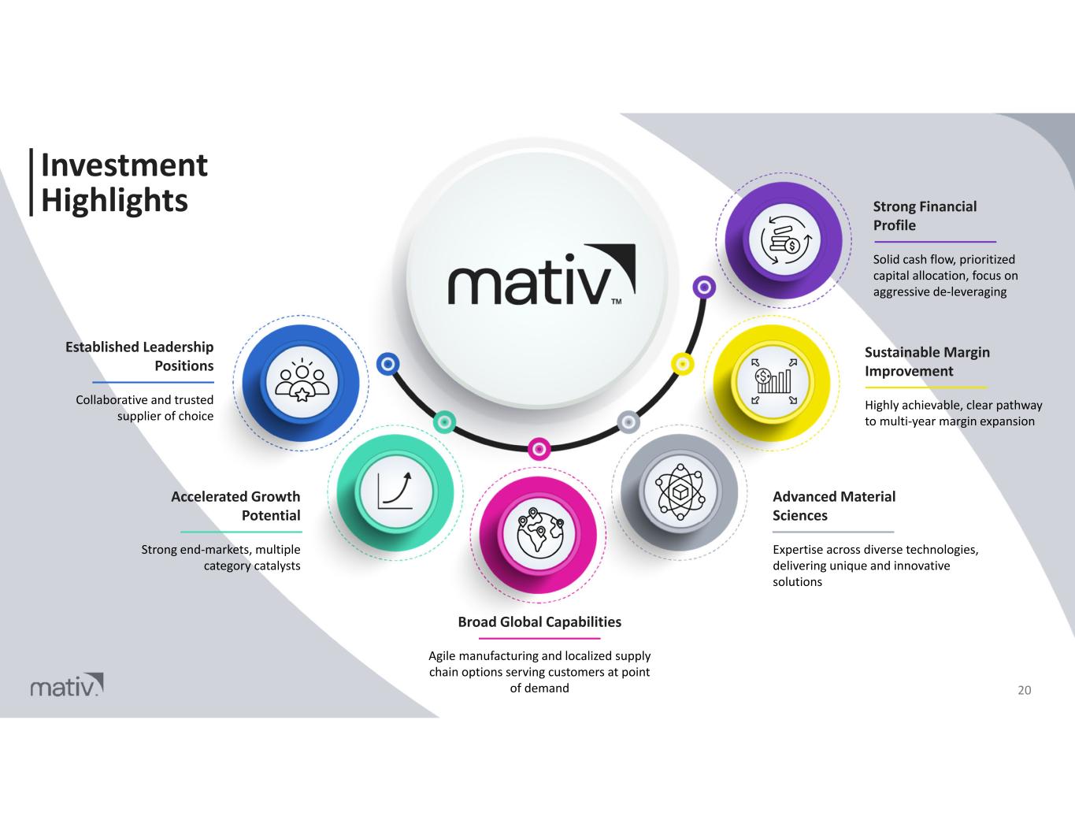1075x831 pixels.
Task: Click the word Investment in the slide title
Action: [x=124, y=165]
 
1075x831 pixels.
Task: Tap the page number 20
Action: [x=1024, y=690]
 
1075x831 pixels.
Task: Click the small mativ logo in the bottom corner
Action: [x=67, y=684]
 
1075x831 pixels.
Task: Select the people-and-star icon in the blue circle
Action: [x=302, y=381]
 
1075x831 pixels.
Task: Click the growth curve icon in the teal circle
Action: [x=395, y=492]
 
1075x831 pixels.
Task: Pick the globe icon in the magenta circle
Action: [x=539, y=533]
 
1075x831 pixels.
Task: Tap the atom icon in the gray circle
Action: [x=680, y=492]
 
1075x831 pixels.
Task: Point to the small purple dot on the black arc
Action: [x=704, y=287]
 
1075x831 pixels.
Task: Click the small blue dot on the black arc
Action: [x=387, y=364]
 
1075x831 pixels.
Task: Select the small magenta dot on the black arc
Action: [x=539, y=449]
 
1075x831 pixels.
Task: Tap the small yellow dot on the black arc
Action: [x=683, y=364]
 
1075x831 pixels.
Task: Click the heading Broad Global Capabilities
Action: [x=539, y=621]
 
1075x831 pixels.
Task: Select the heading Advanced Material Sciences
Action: [x=834, y=506]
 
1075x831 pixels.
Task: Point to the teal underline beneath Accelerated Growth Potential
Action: [x=241, y=532]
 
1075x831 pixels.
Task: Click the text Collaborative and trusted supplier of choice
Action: [x=144, y=408]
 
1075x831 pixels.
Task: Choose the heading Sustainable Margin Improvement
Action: [x=927, y=362]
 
